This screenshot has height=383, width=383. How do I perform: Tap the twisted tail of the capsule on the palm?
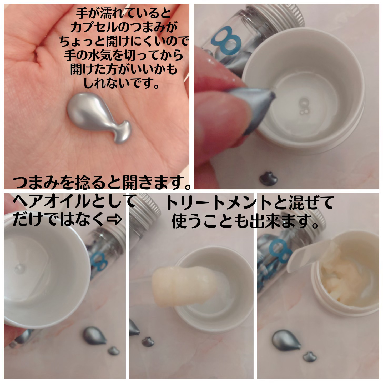coord(123,132)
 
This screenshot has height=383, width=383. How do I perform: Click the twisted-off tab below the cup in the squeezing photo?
coord(268,179)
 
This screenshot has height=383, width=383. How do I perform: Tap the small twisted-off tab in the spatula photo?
coord(310,357)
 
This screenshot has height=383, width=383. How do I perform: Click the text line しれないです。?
coord(121,83)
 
